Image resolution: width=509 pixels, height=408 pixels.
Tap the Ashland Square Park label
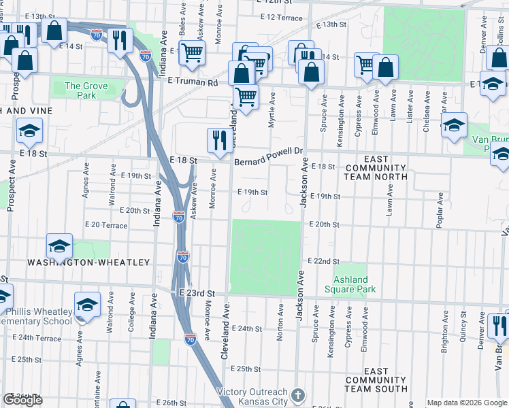point(355,284)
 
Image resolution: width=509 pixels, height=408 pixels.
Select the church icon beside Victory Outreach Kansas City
point(297,395)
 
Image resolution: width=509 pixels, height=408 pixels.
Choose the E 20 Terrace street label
point(105,225)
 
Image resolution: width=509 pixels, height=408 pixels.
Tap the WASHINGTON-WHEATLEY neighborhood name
point(88,262)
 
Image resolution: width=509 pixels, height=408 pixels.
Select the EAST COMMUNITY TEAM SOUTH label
point(376,381)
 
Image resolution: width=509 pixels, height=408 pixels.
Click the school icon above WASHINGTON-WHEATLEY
point(60,247)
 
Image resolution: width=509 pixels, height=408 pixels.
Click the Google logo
point(23,400)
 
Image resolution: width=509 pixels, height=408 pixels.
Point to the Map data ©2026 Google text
point(466,403)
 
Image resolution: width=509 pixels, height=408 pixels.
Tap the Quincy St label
point(463,324)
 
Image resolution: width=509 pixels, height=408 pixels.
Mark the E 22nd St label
point(323,261)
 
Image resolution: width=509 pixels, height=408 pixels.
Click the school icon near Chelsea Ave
point(454,124)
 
